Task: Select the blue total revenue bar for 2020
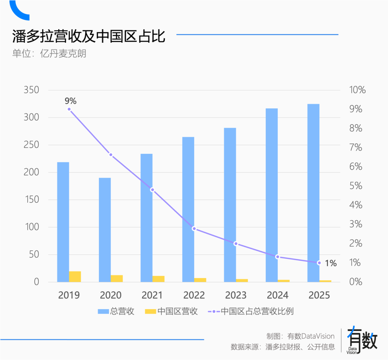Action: [105, 230]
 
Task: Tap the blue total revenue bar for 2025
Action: [313, 193]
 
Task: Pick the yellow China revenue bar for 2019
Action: [75, 277]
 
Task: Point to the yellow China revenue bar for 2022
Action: [200, 280]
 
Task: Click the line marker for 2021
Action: [152, 190]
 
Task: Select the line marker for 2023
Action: [236, 243]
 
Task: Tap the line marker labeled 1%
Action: [319, 263]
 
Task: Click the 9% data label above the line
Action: [70, 101]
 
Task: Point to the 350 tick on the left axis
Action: [31, 90]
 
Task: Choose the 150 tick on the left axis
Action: [31, 200]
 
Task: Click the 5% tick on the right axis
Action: [355, 186]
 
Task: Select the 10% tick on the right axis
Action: [357, 90]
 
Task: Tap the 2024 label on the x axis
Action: [277, 295]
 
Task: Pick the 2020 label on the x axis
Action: [111, 295]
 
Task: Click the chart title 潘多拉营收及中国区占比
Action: [89, 36]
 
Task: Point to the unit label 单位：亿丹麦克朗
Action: [49, 54]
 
